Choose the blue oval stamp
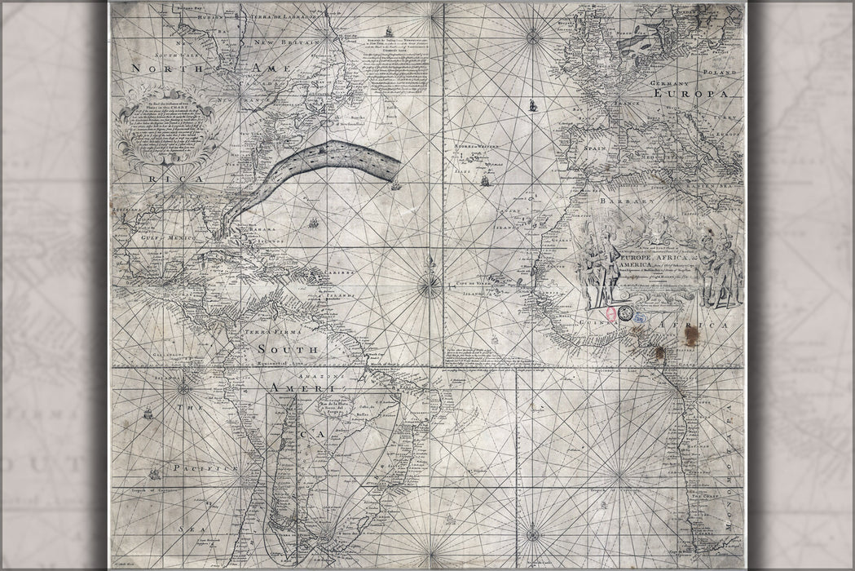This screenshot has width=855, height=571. tap(639, 315)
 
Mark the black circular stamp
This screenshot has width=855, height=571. tap(624, 312)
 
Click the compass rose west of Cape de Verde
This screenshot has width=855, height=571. tap(429, 285)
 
